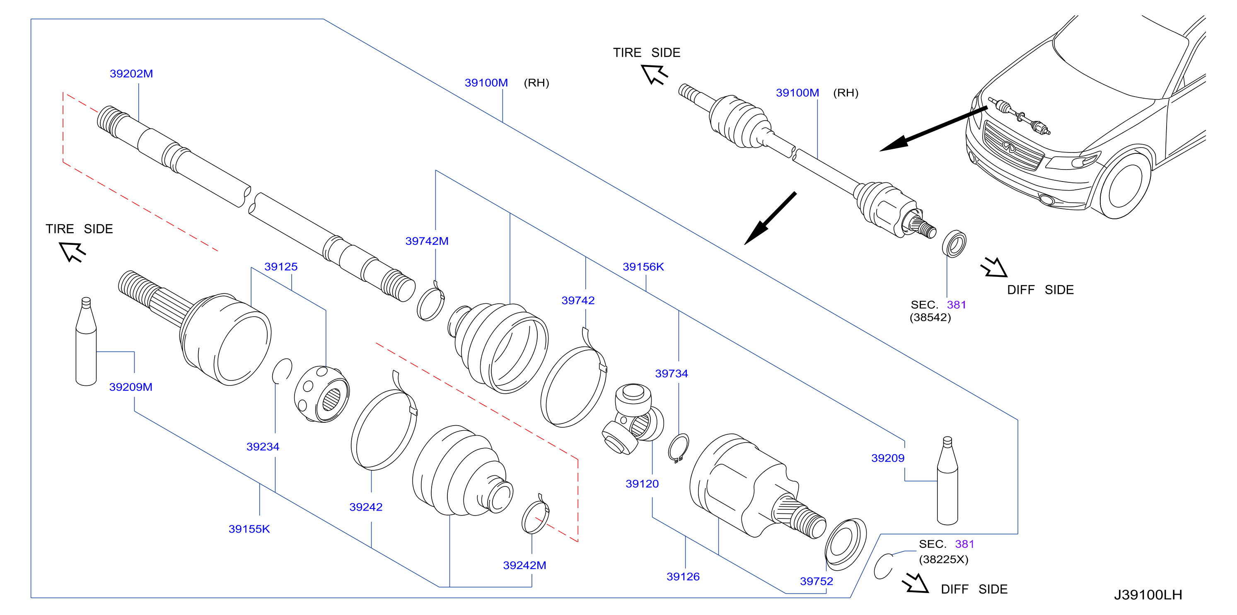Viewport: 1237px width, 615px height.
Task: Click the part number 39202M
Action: pos(131,73)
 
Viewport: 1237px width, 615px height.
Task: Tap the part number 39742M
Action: pos(427,241)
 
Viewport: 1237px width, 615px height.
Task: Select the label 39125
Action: pos(281,266)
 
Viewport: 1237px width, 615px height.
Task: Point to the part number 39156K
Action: pos(643,266)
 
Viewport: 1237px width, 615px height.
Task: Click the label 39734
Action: pos(672,373)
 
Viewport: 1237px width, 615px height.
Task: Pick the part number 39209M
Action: pos(130,387)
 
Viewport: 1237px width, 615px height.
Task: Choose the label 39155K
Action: pos(249,529)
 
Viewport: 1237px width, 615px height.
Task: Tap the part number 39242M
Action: pos(524,565)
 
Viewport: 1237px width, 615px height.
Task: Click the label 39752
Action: pos(817,581)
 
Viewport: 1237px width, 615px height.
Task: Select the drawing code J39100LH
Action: pos(1148,595)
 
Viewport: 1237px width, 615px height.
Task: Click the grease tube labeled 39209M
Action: pos(86,341)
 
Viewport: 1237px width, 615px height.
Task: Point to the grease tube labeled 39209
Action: pos(947,480)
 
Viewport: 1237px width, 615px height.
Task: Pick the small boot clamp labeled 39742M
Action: pos(430,302)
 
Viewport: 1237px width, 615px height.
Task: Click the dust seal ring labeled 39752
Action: pos(845,542)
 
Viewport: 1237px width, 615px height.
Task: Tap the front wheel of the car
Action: pos(1123,185)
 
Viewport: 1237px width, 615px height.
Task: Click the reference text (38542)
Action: pos(930,317)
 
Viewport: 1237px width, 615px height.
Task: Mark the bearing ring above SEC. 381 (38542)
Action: pos(954,244)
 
